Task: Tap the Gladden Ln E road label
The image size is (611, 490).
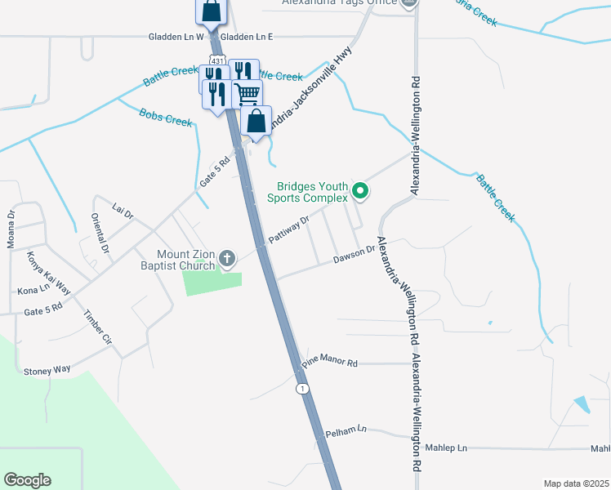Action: tap(247, 37)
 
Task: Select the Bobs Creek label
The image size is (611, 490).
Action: tap(166, 118)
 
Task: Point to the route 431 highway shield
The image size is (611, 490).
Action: tap(216, 60)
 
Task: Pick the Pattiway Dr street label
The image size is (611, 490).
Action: tap(289, 230)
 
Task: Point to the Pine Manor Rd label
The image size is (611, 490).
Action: tap(330, 361)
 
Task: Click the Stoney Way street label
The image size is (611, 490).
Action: tap(47, 370)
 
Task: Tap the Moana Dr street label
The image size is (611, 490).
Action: tap(11, 229)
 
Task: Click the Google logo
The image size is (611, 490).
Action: tap(27, 480)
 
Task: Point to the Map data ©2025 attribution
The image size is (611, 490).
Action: tap(576, 483)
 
